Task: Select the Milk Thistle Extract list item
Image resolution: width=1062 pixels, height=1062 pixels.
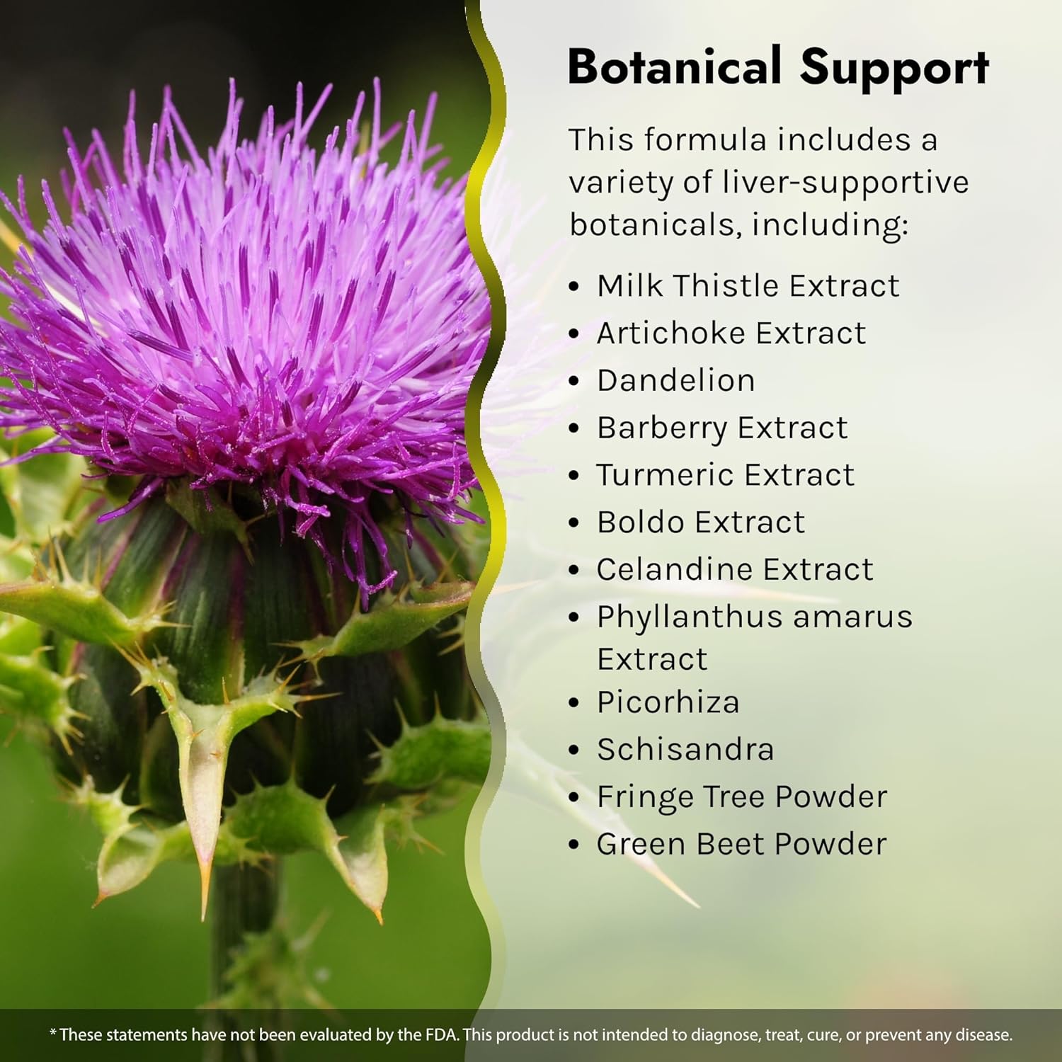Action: pyautogui.click(x=748, y=286)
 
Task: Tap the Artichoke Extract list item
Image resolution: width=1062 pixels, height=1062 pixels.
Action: pyautogui.click(x=731, y=333)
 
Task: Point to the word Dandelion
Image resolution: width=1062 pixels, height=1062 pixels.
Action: pyautogui.click(x=676, y=380)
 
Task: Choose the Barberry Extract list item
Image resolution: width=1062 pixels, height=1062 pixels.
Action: pyautogui.click(x=722, y=428)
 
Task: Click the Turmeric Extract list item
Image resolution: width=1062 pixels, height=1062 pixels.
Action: pyautogui.click(x=726, y=475)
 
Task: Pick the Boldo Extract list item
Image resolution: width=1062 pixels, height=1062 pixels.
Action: pyautogui.click(x=701, y=523)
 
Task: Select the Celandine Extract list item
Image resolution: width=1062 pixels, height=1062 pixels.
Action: pyautogui.click(x=735, y=569)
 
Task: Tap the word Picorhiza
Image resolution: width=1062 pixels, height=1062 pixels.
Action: pyautogui.click(x=668, y=702)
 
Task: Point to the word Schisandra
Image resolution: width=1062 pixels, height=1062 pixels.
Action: pyautogui.click(x=685, y=749)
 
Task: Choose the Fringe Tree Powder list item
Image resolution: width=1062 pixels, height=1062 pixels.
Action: pyautogui.click(x=742, y=797)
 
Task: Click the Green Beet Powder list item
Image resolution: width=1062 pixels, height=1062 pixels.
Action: pyautogui.click(x=741, y=844)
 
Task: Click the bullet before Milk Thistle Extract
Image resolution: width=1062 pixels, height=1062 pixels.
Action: pyautogui.click(x=574, y=287)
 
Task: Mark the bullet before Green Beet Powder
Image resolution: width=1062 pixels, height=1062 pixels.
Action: pyautogui.click(x=574, y=845)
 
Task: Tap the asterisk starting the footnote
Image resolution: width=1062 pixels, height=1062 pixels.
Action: pyautogui.click(x=52, y=1033)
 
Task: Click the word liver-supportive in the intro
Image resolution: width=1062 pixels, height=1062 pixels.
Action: pyautogui.click(x=845, y=183)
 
